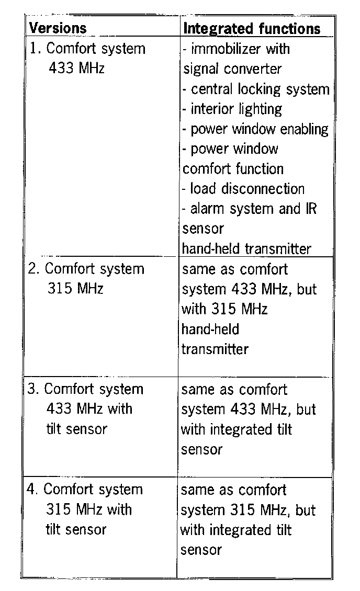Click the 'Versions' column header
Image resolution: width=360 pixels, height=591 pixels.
click(x=58, y=28)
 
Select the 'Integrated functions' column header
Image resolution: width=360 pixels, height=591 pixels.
click(x=252, y=28)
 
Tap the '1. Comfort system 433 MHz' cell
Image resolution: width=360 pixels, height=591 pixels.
click(x=87, y=58)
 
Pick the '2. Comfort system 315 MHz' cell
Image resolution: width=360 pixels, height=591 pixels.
click(x=86, y=278)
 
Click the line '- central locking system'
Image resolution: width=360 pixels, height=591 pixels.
click(x=256, y=89)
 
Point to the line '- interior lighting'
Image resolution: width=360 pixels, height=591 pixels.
click(x=232, y=109)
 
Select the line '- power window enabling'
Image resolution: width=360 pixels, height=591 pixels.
click(x=255, y=129)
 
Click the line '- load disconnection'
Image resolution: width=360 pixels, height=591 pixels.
click(x=243, y=188)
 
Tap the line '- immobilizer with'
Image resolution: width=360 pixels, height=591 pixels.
click(x=236, y=49)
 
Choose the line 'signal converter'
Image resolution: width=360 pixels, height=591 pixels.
click(x=232, y=69)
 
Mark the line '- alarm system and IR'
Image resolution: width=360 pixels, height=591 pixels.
click(x=249, y=208)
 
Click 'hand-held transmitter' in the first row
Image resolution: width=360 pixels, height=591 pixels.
click(x=246, y=248)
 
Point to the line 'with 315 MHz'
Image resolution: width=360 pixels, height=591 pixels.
click(x=224, y=309)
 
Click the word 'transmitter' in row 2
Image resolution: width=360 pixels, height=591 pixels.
click(x=215, y=349)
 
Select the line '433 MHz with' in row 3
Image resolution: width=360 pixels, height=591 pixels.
click(x=89, y=408)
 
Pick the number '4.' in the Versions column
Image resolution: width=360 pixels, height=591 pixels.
click(x=33, y=490)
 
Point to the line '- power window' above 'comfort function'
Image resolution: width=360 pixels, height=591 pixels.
click(x=230, y=149)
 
